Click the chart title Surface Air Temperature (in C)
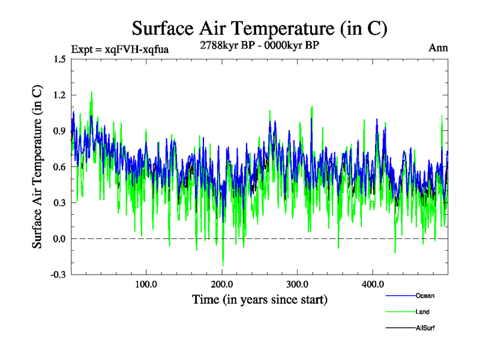[259, 28]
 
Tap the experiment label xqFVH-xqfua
[119, 49]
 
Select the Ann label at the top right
[438, 48]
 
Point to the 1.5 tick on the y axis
[59, 59]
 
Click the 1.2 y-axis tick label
[59, 95]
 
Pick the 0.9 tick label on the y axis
[59, 131]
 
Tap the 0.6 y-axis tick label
[59, 167]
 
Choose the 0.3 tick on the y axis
[59, 203]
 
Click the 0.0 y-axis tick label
[59, 239]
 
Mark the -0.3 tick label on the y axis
[58, 275]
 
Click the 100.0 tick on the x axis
[146, 284]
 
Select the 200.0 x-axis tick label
[222, 284]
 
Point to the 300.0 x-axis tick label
[298, 284]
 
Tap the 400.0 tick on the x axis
[373, 284]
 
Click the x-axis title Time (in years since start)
[259, 298]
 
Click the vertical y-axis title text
[37, 167]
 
